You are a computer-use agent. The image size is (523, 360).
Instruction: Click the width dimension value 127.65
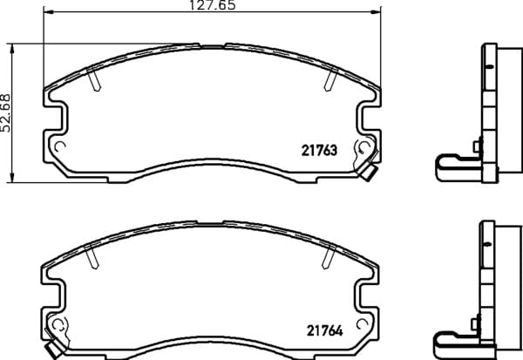point(213,5)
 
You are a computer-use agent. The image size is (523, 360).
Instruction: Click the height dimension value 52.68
point(6,113)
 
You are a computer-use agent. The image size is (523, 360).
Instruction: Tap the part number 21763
point(320,151)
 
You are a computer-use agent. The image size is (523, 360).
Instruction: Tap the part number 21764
point(324,330)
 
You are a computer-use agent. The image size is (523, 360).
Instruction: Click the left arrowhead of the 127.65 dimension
point(48,12)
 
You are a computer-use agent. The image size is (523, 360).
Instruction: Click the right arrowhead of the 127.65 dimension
point(376,12)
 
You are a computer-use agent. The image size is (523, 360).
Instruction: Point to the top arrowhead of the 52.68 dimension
point(12,49)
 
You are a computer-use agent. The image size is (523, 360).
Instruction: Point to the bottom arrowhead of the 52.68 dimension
point(12,178)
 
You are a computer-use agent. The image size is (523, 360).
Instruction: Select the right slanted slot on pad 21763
point(331,79)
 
